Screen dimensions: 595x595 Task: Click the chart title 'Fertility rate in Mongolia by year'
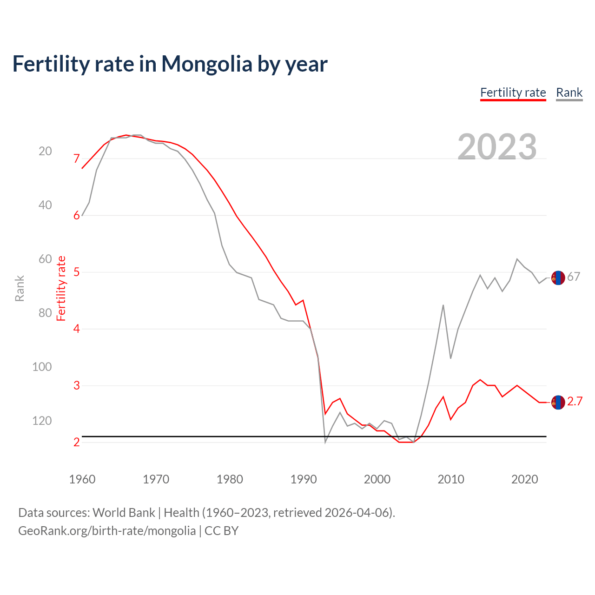[x=170, y=64]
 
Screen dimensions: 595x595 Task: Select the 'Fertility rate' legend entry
[x=513, y=93]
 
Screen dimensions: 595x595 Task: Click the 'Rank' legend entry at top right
[x=569, y=93]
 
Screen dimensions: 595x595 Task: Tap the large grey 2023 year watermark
[x=497, y=147]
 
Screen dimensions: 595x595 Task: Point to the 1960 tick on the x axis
[x=82, y=479]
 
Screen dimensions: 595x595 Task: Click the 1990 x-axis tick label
[x=304, y=479]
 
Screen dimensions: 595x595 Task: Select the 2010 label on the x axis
[x=451, y=479]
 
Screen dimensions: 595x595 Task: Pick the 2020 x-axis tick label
[x=525, y=479]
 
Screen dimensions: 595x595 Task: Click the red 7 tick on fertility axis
[x=77, y=159]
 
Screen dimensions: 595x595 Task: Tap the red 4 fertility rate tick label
[x=77, y=329]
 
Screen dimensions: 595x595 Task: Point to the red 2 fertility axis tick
[x=77, y=443]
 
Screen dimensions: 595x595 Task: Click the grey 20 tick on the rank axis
[x=45, y=151]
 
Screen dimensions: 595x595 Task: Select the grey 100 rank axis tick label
[x=42, y=367]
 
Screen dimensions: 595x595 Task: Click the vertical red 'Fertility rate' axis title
[x=61, y=288]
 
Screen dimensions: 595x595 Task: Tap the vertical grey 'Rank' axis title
[x=20, y=288]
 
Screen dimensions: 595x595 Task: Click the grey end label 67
[x=574, y=277]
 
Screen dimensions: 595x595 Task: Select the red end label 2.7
[x=575, y=402]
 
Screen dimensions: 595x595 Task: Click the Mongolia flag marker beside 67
[x=558, y=278]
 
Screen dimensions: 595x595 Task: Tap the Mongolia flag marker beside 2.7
[x=558, y=402]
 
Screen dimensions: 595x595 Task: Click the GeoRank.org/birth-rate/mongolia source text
[x=107, y=531]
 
